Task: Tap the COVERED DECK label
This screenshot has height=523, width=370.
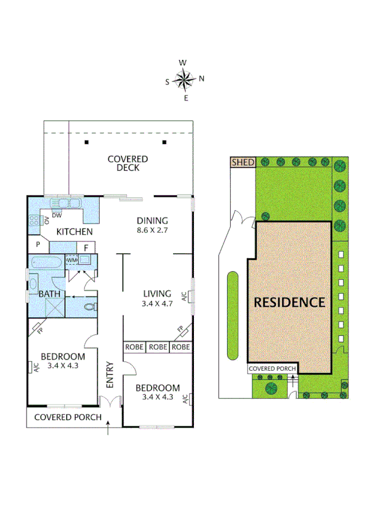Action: click(127, 163)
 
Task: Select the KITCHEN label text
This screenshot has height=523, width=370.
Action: click(74, 232)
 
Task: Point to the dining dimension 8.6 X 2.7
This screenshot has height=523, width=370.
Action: click(152, 230)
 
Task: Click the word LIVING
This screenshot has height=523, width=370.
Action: click(157, 293)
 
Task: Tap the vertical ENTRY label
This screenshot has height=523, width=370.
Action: click(111, 375)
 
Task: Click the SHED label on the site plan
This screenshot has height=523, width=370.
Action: click(243, 163)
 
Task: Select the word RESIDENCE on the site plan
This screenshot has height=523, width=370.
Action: click(289, 302)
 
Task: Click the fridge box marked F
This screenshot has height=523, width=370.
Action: click(87, 247)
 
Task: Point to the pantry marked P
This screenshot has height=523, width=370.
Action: click(38, 245)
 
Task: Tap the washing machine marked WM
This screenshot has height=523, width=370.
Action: click(72, 260)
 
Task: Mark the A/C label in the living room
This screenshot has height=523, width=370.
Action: click(184, 298)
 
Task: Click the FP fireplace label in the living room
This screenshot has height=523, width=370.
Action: click(180, 330)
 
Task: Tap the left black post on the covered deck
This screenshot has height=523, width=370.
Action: click(87, 143)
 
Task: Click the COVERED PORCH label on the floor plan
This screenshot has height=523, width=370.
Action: click(68, 417)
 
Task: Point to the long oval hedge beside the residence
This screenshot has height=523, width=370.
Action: click(232, 315)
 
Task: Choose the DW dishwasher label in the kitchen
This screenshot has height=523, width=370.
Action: click(57, 216)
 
